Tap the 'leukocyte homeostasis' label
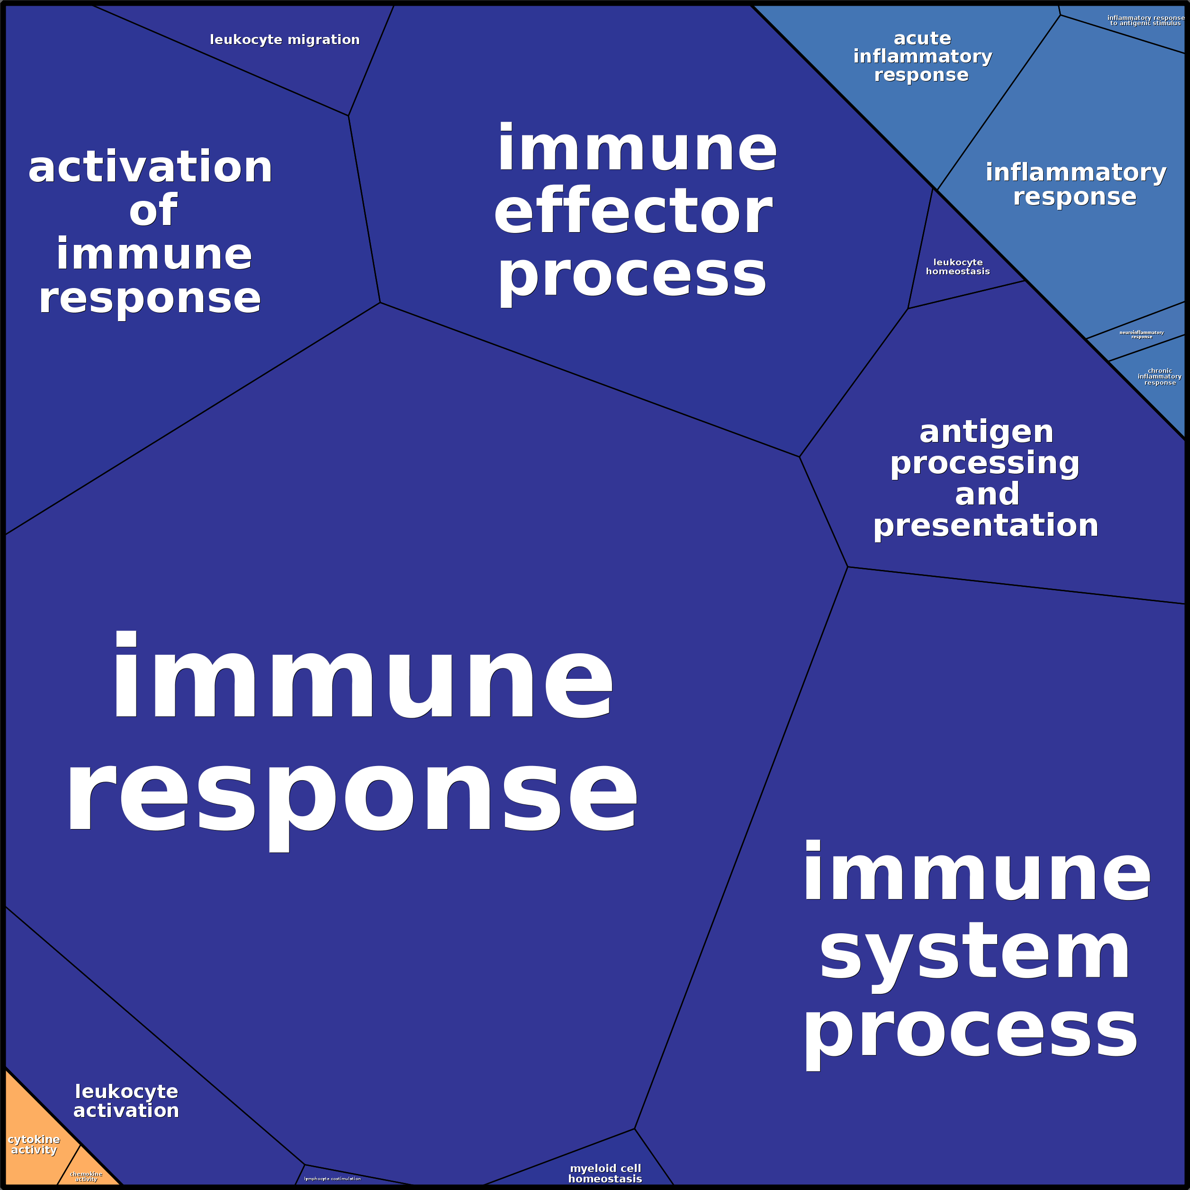point(958,267)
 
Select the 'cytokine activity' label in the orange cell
point(34,1145)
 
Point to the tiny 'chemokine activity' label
point(86,1176)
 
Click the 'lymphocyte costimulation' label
point(332,1178)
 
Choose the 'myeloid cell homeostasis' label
point(605,1173)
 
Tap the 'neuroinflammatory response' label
point(1141,334)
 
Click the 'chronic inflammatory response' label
point(1160,376)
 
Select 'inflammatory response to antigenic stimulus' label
point(1145,20)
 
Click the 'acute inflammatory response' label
point(922,57)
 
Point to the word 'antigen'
point(986,433)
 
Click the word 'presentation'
point(985,525)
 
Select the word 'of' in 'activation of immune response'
point(153,211)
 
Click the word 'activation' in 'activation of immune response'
point(150,168)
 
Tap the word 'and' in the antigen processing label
point(987,494)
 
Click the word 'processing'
point(984,464)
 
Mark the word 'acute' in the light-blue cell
point(922,38)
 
